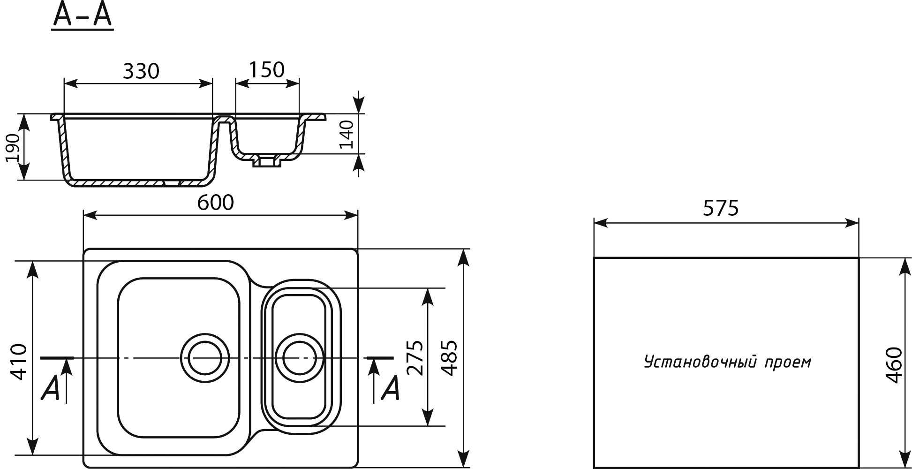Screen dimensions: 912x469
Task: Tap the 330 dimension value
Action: point(141,71)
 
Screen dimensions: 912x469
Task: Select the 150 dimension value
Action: point(266,70)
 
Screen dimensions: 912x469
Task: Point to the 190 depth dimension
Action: point(13,148)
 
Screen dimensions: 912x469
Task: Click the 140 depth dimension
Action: point(346,134)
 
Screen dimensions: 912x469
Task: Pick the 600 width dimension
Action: point(215,203)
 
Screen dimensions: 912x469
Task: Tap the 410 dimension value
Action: point(19,362)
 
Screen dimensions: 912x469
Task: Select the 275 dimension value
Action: point(415,358)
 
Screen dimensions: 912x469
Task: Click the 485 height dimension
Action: point(449,358)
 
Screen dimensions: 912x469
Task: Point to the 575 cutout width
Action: point(721,208)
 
